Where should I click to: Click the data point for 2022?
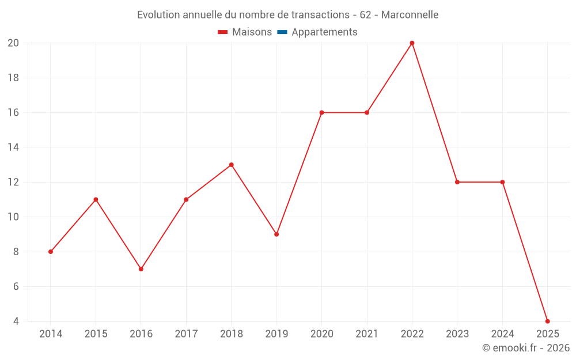[x=412, y=43]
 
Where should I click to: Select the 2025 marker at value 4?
[x=547, y=321]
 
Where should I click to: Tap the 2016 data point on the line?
[x=141, y=269]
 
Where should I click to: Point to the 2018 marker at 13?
[x=231, y=165]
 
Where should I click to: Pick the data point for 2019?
[x=276, y=234]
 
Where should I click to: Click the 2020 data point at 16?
[x=321, y=112]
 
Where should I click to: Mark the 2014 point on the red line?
[x=51, y=252]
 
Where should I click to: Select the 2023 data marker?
[x=457, y=182]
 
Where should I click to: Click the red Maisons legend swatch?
[x=223, y=32]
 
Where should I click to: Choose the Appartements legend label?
[x=324, y=32]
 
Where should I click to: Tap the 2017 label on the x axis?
[x=186, y=334]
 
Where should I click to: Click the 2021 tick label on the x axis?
[x=367, y=334]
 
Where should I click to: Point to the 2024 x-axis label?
[x=502, y=334]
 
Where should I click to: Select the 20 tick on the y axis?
[x=13, y=43]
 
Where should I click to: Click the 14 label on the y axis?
[x=13, y=147]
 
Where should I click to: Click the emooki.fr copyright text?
[x=525, y=348]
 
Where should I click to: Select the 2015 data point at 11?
[x=96, y=199]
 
